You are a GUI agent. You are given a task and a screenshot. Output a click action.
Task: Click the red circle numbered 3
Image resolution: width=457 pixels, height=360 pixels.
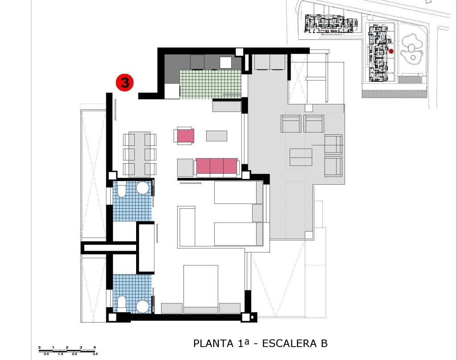125,83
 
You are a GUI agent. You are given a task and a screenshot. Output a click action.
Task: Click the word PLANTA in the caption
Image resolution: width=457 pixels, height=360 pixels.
214,343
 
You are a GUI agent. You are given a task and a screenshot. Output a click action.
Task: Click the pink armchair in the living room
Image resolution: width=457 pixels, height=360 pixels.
184,136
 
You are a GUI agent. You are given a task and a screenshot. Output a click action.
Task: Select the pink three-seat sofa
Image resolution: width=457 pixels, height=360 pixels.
217,167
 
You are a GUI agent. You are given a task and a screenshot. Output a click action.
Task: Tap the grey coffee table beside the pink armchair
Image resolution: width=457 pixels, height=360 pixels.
216,136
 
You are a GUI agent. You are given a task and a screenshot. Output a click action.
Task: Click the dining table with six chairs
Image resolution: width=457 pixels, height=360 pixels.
140,154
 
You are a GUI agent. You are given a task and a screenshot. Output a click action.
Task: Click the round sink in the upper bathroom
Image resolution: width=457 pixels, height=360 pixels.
143,188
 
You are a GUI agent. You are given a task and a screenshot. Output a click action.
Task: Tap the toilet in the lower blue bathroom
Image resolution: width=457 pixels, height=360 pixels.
121,304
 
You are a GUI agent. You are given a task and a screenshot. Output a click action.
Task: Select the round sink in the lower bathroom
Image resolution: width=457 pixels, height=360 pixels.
143,307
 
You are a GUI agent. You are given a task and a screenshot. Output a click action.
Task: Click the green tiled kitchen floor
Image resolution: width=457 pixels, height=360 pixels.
211,84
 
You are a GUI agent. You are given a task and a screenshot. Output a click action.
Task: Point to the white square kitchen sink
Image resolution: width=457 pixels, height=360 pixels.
225,62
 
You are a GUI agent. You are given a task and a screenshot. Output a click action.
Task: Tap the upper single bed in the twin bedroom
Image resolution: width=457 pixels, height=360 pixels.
239,192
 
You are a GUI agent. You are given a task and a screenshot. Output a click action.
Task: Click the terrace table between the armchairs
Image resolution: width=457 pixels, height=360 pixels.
301,157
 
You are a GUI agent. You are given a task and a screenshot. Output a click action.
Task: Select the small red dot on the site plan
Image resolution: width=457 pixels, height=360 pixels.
391,51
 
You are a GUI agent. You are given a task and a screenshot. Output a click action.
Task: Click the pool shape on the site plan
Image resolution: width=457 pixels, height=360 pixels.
411,49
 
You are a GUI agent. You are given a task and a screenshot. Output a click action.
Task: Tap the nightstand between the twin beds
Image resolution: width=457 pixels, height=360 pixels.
258,213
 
